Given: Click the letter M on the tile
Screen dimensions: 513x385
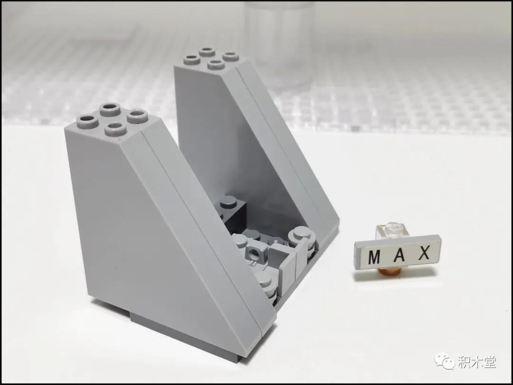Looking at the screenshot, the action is coord(374,257).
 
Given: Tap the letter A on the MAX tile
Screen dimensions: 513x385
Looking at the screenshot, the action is coord(399,254).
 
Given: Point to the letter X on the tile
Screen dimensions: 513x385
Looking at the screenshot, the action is coord(424,253).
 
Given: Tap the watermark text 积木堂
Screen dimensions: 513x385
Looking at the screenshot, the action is coord(477,362).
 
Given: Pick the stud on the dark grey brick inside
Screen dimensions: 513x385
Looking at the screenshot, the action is coord(230,201).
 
